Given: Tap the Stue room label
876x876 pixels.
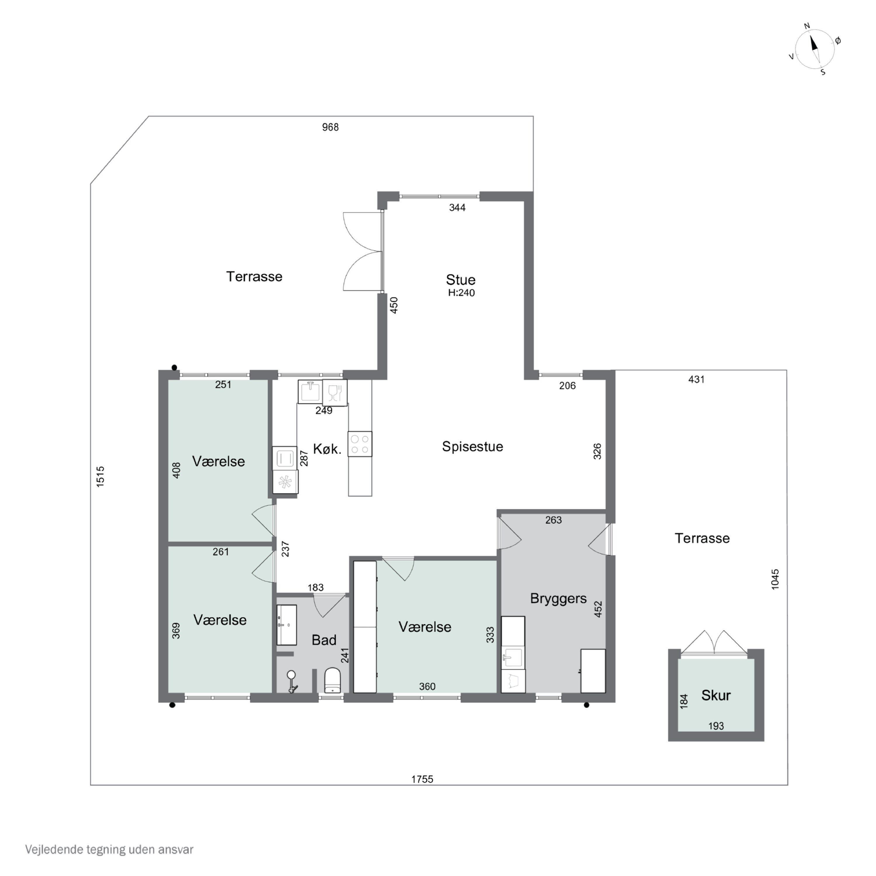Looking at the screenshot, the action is (461, 279).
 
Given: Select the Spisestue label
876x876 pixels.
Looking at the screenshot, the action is (472, 447).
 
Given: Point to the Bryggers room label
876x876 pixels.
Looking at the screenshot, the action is (558, 599).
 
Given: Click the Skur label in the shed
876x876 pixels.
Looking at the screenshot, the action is (716, 695).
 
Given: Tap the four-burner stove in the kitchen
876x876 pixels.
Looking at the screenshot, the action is (360, 444).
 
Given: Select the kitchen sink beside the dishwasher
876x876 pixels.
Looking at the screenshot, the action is (310, 391).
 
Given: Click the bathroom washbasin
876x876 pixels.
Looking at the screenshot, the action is (286, 625).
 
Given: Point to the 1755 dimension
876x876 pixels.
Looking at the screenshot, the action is (422, 779).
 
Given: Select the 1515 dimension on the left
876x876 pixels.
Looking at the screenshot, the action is (100, 477).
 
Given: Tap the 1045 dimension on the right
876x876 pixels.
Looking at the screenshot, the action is (775, 579).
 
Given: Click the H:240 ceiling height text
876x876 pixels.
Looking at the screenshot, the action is (461, 293).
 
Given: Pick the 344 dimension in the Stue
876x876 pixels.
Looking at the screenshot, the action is (457, 208).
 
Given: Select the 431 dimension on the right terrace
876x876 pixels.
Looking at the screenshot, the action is (696, 380).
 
